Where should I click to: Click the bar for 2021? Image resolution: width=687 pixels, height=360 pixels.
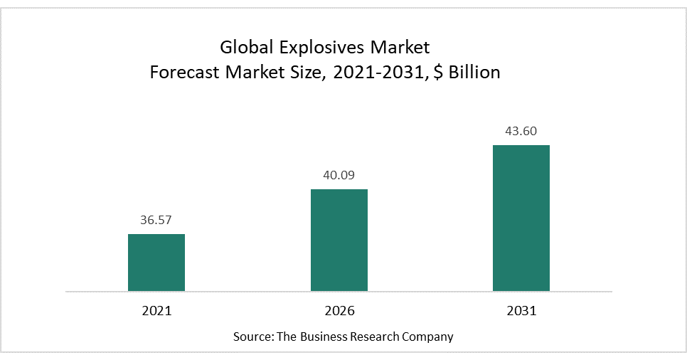156,263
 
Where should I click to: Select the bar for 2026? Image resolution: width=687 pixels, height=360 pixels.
339,240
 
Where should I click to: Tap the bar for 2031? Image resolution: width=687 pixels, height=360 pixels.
521,218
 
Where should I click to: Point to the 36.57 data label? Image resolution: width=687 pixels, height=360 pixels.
156,221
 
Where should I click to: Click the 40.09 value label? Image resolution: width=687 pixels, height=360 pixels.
339,176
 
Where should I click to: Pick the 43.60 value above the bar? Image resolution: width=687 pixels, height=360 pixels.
521,132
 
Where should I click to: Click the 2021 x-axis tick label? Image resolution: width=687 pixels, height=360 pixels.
156,311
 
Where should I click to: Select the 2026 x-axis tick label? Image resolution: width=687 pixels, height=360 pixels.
339,311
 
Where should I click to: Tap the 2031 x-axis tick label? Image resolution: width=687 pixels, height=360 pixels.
521,311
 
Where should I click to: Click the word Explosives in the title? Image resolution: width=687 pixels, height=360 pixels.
311,48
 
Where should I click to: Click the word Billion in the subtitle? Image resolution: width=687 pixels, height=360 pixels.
476,73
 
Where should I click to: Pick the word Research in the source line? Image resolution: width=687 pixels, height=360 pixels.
376,337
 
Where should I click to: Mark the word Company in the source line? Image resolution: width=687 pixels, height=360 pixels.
429,337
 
